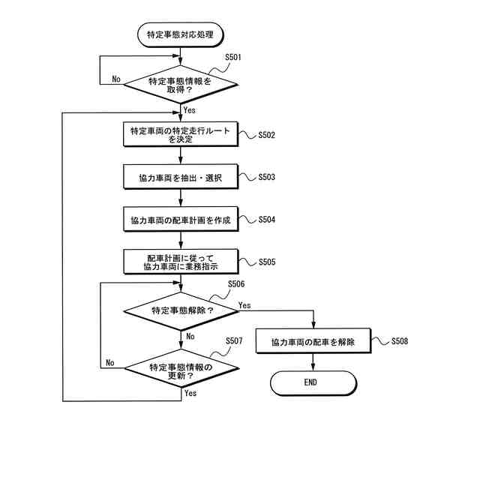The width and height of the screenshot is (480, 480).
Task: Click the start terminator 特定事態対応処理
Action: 181,34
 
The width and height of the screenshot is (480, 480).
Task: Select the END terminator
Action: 313,382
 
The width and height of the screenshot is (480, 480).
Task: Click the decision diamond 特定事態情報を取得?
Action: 181,85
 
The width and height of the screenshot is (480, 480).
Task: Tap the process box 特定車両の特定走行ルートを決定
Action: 181,135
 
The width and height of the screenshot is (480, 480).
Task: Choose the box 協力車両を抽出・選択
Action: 181,178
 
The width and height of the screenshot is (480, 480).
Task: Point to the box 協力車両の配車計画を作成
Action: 181,220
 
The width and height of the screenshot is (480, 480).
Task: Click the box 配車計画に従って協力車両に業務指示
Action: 181,262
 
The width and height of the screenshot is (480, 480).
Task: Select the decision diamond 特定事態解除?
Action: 181,310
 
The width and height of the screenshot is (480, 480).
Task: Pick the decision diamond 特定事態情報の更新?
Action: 181,367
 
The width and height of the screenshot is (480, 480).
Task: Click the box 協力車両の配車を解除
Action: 313,342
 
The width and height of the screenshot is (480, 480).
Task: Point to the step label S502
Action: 266,136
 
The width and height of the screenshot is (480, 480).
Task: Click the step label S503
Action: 266,178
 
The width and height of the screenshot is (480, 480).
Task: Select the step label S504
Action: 266,220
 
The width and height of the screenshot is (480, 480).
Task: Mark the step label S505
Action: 266,263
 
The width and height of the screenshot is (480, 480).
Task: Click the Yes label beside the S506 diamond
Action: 244,305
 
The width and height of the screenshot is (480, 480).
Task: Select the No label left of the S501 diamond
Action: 116,79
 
